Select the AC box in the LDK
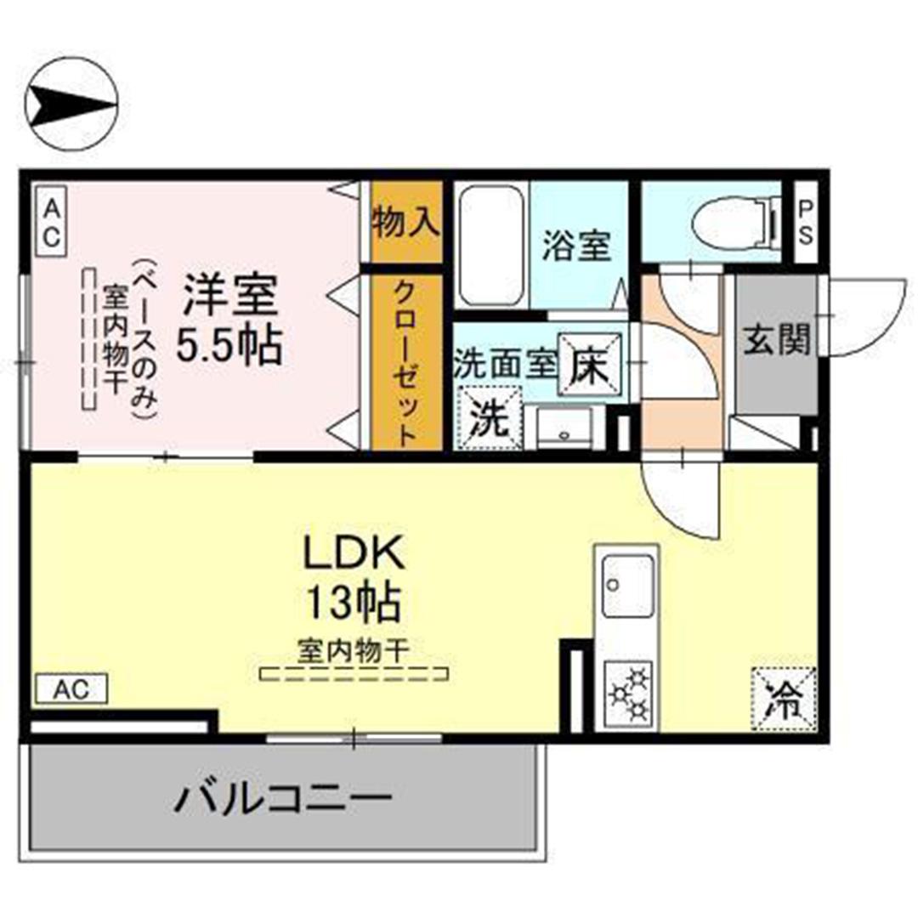pos(71,688)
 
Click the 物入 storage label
pos(406,222)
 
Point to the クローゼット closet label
pos(406,363)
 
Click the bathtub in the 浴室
pos(490,246)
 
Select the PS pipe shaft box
pos(806,223)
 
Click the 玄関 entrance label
pos(776,338)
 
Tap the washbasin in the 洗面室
pos(564,428)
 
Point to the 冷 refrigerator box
pos(784,700)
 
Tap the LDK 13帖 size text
pos(354,579)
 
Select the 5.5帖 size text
pos(229,345)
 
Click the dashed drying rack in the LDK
pos(354,674)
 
